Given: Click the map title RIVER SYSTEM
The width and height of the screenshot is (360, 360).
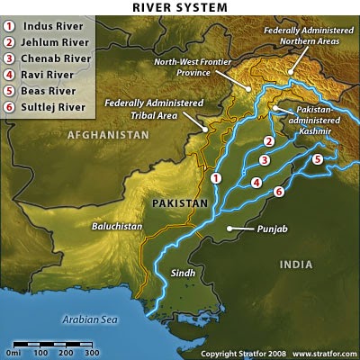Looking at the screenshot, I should (x=179, y=8).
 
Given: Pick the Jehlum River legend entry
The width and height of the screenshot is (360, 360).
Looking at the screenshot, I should (x=53, y=42).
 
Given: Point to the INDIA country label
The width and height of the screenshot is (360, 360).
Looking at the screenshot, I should (x=295, y=264).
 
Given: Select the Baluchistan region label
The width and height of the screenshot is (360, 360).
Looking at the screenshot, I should (x=117, y=228).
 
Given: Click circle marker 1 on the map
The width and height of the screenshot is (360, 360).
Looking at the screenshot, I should (x=215, y=178).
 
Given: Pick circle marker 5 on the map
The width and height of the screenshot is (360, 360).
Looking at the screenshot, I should (x=317, y=160).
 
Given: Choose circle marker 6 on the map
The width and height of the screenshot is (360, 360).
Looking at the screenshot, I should (x=279, y=192).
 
